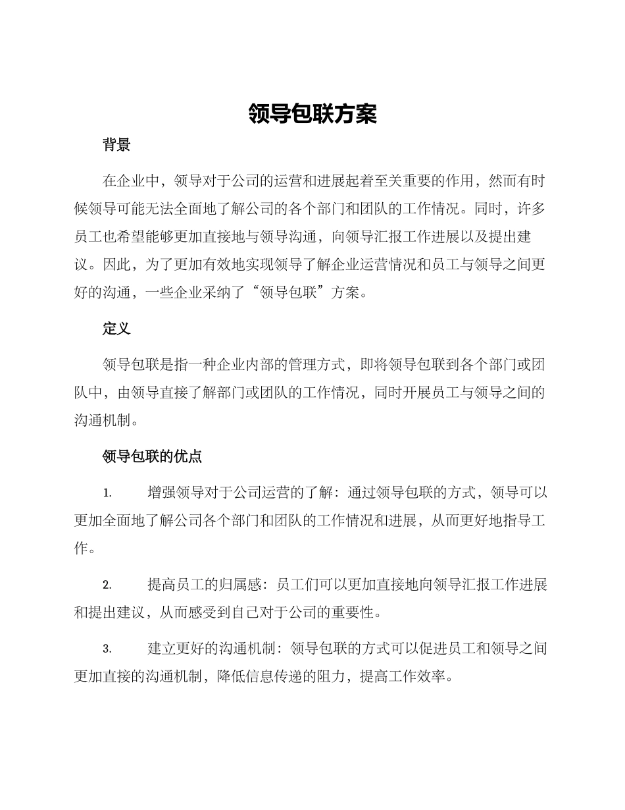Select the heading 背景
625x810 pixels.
(x=116, y=146)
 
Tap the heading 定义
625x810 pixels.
(x=116, y=329)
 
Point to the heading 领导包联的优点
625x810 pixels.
(x=152, y=456)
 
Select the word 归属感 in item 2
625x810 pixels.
(x=241, y=585)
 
